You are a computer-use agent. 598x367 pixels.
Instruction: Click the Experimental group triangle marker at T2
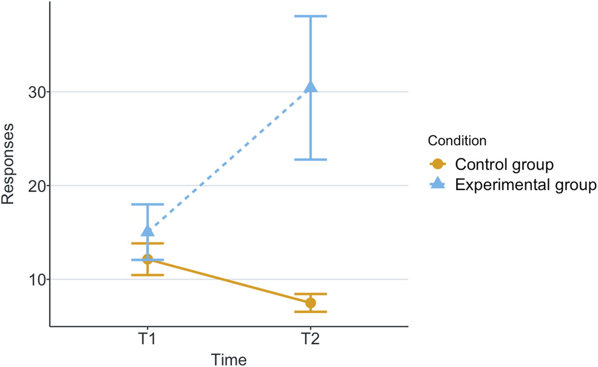[x=311, y=87]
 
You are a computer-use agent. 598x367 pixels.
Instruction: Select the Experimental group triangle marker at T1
[x=148, y=231]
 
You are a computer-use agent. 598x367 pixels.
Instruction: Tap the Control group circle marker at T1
[x=148, y=259]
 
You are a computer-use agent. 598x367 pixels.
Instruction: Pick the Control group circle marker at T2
[x=311, y=303]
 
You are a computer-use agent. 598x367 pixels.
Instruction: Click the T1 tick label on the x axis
[x=148, y=341]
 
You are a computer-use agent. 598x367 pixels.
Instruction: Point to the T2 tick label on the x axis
[x=311, y=341]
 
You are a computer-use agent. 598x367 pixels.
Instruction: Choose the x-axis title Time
[x=229, y=359]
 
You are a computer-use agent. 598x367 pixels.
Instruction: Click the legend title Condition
[x=457, y=140]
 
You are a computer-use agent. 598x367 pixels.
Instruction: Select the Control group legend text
[x=504, y=164]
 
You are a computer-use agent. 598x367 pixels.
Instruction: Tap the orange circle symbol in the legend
[x=439, y=164]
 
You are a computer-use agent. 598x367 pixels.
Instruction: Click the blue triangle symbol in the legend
[x=439, y=184]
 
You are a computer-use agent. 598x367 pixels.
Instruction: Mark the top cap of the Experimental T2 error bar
[x=311, y=16]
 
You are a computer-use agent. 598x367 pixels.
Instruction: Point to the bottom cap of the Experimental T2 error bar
[x=311, y=160]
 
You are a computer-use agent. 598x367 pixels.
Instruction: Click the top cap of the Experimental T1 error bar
[x=148, y=204]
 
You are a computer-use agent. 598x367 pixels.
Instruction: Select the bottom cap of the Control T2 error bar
[x=311, y=312]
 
